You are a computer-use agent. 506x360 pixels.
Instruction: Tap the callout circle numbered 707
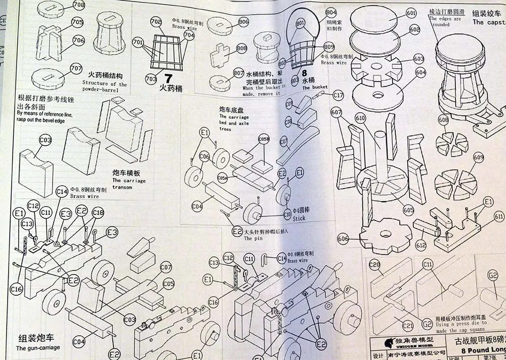tap(76, 68)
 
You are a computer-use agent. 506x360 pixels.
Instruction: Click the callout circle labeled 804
tap(331, 12)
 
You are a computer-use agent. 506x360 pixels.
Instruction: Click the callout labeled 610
tap(360, 118)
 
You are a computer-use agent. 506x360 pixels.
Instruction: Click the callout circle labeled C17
tap(338, 95)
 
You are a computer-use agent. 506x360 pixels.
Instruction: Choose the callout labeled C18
tap(98, 213)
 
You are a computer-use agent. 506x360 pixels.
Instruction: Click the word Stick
tap(299, 218)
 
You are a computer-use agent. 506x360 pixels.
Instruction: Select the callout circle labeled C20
tap(374, 264)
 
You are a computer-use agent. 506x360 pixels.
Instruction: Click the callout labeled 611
tap(499, 217)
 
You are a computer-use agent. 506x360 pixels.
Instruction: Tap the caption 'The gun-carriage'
tap(38, 348)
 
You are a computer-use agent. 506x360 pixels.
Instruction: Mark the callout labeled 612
tap(420, 245)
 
